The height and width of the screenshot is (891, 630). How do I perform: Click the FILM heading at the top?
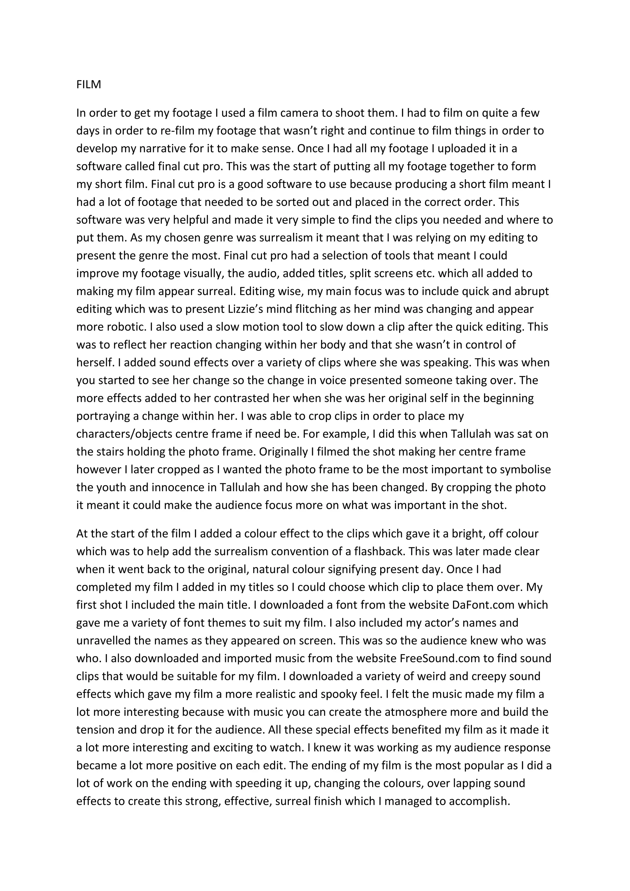coord(89,85)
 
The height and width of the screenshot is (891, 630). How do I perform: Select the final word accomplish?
coord(479,801)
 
